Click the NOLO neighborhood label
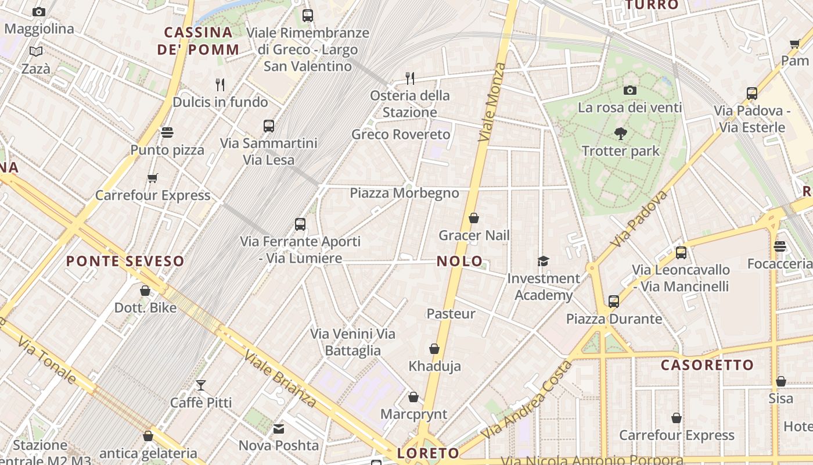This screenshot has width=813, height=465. pyautogui.click(x=459, y=261)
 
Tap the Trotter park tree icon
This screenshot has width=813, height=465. pyautogui.click(x=621, y=134)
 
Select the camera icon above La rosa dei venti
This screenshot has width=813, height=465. pyautogui.click(x=630, y=90)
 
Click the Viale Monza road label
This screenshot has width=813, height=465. pyautogui.click(x=492, y=102)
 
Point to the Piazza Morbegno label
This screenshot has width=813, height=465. pyautogui.click(x=404, y=193)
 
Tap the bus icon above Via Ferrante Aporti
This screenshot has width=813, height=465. pyautogui.click(x=300, y=224)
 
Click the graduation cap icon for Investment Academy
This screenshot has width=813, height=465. pyautogui.click(x=543, y=261)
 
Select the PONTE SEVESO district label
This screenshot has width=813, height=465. pyautogui.click(x=125, y=261)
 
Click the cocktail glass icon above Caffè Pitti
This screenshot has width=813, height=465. pyautogui.click(x=201, y=385)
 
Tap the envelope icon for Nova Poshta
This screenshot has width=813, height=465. pyautogui.click(x=279, y=429)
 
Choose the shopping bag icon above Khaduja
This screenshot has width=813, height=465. pyautogui.click(x=434, y=349)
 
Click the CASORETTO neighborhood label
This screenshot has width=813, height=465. pyautogui.click(x=707, y=365)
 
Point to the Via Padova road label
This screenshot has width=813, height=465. pyautogui.click(x=639, y=218)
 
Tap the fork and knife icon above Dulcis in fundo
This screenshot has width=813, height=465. pyautogui.click(x=220, y=85)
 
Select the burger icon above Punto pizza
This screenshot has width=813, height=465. pyautogui.click(x=167, y=133)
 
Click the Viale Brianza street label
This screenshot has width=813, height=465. pyautogui.click(x=280, y=378)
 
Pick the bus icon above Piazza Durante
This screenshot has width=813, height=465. pyautogui.click(x=614, y=301)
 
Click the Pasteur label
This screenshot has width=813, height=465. pyautogui.click(x=451, y=314)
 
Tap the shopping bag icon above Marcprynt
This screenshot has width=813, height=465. pyautogui.click(x=413, y=397)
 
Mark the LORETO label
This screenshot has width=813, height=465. pyautogui.click(x=428, y=453)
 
